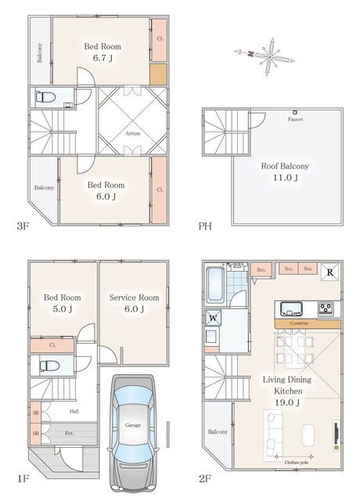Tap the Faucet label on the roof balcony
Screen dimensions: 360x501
(296, 119)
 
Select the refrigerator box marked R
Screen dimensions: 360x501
(329, 272)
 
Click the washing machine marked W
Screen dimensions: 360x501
(213, 318)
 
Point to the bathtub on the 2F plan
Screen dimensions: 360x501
(215, 285)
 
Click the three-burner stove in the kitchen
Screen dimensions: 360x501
(326, 308)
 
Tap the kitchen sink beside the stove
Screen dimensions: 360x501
(291, 308)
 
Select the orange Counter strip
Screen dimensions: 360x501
(308, 323)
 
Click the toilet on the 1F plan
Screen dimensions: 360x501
(50, 366)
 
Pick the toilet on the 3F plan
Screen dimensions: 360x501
(45, 97)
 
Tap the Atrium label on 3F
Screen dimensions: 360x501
(132, 133)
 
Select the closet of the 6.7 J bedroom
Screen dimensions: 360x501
(159, 40)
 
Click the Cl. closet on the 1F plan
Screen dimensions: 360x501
(52, 346)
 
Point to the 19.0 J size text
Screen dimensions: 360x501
(287, 402)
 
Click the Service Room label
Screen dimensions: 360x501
(134, 297)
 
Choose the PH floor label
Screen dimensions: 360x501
(205, 226)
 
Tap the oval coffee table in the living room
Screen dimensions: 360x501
(308, 435)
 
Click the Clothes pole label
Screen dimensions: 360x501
(296, 463)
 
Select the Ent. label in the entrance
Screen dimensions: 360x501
(70, 433)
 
